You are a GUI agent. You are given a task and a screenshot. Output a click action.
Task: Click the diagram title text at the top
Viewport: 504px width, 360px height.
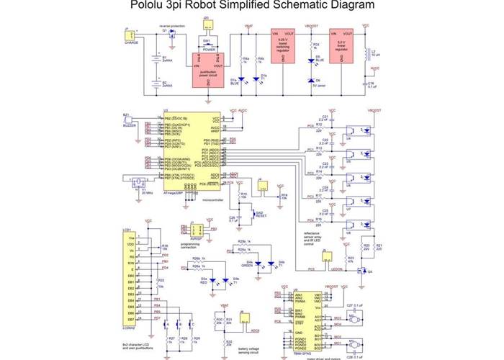252,6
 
